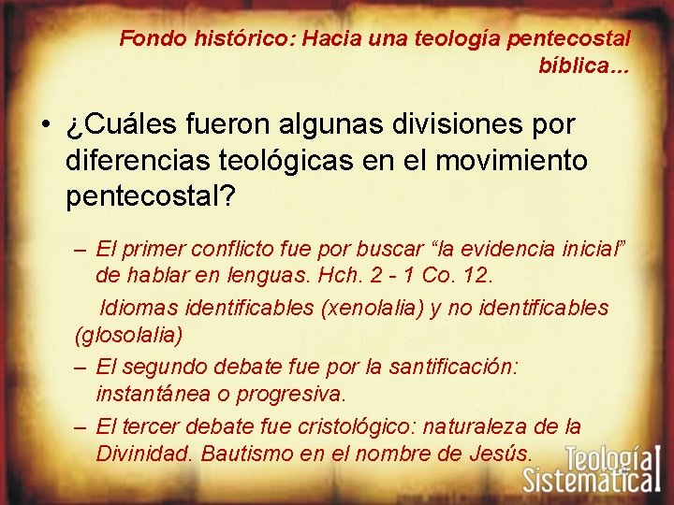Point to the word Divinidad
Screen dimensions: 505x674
point(139,454)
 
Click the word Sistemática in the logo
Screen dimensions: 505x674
point(590,480)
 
